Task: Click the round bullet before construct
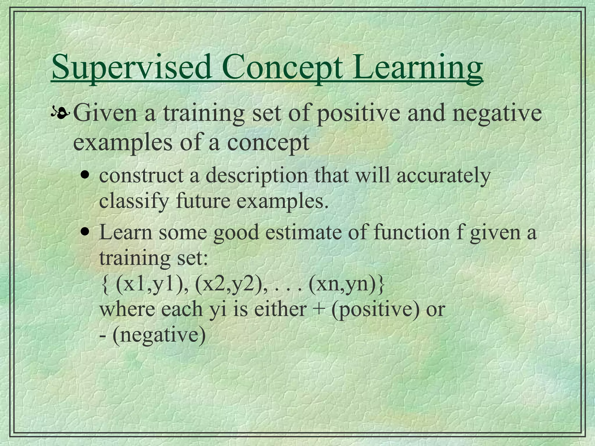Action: coord(85,176)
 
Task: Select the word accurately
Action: coord(443,176)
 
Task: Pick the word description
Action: coord(257,176)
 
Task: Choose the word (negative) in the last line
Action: coord(159,335)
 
